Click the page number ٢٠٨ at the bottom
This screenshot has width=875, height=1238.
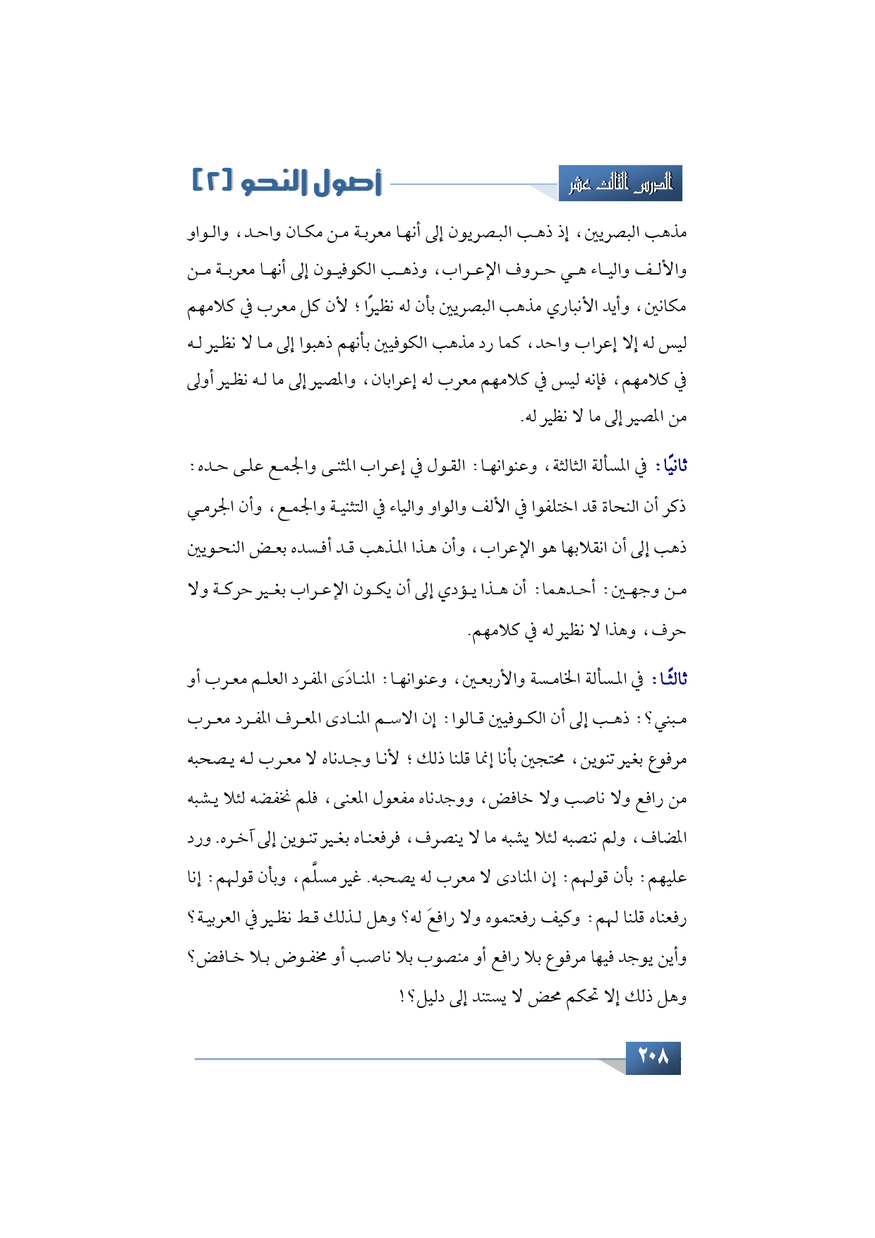tap(653, 1057)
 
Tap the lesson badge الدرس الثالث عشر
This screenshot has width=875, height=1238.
tap(620, 184)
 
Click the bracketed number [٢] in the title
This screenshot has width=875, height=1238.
tap(211, 181)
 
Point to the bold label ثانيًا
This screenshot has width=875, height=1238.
tap(671, 467)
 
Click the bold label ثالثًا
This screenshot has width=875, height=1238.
tap(670, 679)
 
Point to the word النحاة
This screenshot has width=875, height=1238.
tap(615, 507)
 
